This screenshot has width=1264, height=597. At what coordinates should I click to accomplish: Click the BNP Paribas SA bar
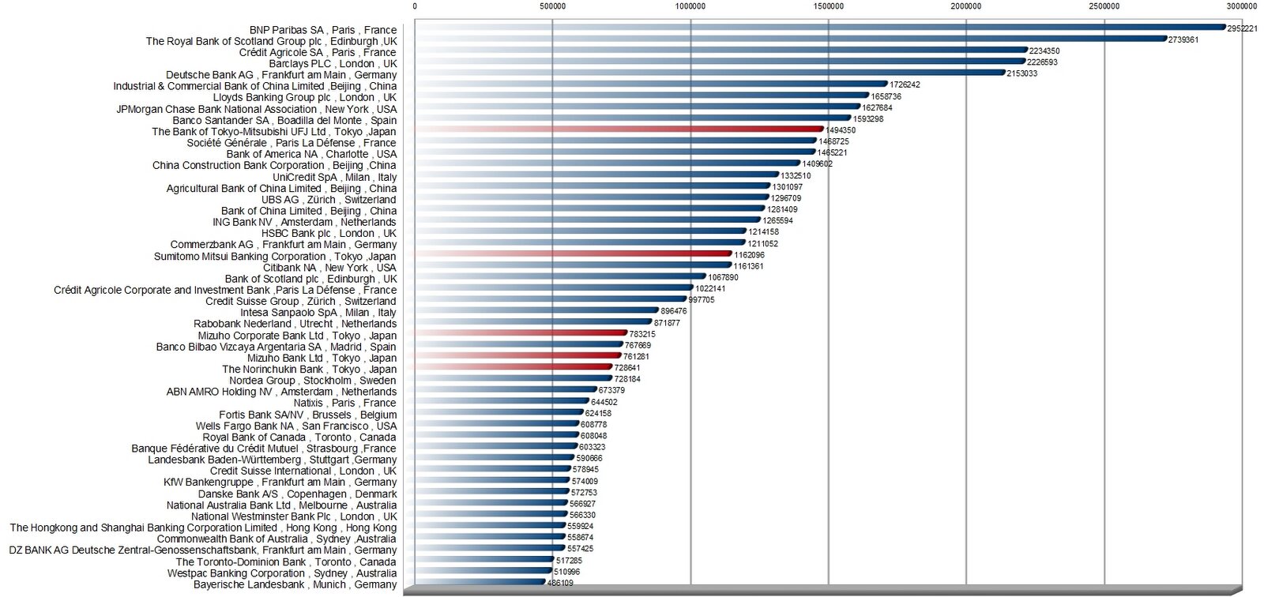(819, 28)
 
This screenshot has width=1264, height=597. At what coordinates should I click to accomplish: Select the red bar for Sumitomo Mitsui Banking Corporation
(573, 254)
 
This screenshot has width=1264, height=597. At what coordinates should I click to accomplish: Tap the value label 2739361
(1183, 39)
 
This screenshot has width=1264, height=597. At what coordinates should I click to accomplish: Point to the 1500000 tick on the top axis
(828, 6)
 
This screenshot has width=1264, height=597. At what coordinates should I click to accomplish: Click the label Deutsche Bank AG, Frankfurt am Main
(281, 75)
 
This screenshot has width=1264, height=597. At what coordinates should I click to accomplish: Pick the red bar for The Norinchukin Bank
(513, 367)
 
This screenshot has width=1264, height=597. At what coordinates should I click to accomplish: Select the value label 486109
(560, 584)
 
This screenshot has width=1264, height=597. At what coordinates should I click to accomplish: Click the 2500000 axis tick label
(1104, 6)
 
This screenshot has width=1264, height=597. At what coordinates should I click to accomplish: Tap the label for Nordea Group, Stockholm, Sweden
(313, 381)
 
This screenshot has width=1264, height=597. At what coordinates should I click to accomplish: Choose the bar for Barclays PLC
(720, 62)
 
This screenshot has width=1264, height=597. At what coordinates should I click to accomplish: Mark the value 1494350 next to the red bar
(841, 130)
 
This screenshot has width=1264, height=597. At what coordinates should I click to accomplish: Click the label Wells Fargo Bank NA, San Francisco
(296, 426)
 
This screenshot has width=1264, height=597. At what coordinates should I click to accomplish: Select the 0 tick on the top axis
(415, 6)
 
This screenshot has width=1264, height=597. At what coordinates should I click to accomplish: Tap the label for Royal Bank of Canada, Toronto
(299, 437)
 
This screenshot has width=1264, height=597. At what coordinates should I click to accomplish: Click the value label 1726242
(905, 84)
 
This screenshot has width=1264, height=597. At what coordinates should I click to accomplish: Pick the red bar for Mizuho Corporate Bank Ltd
(521, 333)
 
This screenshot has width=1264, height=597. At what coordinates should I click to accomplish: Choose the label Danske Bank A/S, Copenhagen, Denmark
(298, 494)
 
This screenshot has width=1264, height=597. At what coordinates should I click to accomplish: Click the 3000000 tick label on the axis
(1241, 6)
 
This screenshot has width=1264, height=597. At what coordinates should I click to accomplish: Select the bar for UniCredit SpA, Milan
(596, 175)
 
